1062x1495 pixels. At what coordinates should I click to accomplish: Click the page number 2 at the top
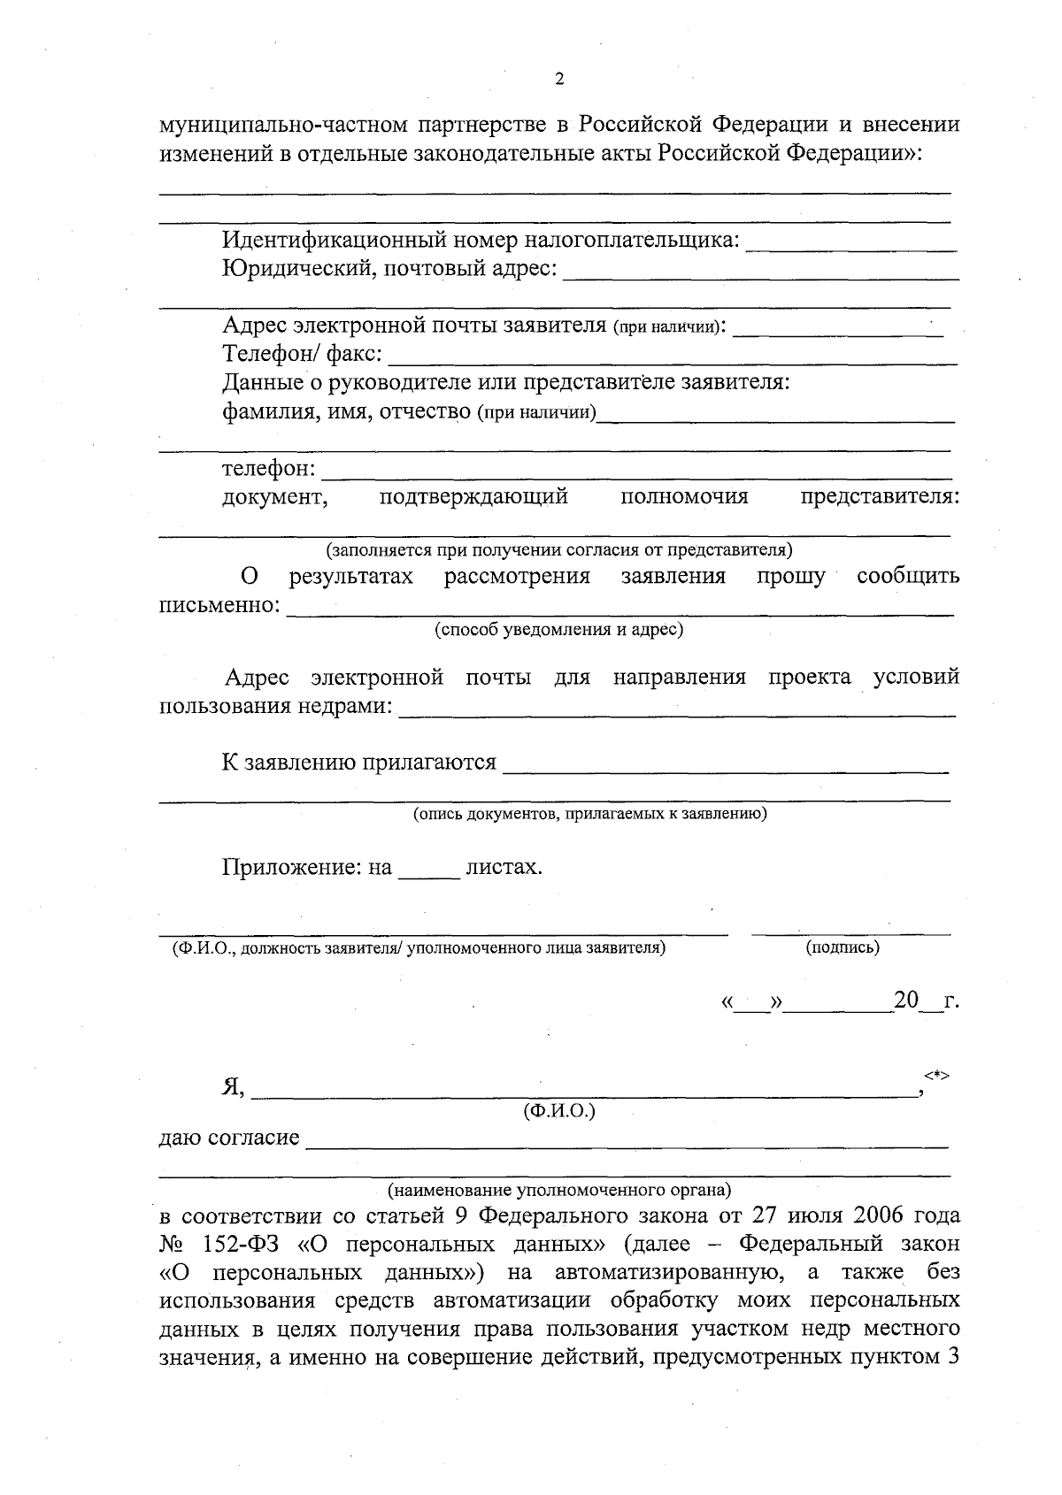pyautogui.click(x=558, y=79)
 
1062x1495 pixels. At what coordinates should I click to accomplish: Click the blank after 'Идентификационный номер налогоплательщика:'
pyautogui.click(x=851, y=246)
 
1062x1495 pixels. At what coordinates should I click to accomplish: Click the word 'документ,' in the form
pyautogui.click(x=275, y=497)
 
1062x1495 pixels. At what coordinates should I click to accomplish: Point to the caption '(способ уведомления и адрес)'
pyautogui.click(x=558, y=630)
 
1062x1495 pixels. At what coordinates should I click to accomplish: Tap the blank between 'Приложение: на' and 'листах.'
pyautogui.click(x=429, y=871)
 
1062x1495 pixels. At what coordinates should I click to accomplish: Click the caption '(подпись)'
pyautogui.click(x=843, y=947)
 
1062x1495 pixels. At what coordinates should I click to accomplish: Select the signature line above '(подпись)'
pyautogui.click(x=850, y=931)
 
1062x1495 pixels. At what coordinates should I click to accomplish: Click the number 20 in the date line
pyautogui.click(x=906, y=1001)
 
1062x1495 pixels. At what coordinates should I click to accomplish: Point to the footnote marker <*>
pyautogui.click(x=937, y=1075)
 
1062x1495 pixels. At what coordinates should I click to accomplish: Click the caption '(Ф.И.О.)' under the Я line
pyautogui.click(x=559, y=1111)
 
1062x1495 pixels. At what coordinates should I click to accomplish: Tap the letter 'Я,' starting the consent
pyautogui.click(x=234, y=1088)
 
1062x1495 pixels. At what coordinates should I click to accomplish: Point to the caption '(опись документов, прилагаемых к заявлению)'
pyautogui.click(x=590, y=814)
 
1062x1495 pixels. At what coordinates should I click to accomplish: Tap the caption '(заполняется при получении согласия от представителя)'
pyautogui.click(x=559, y=550)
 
